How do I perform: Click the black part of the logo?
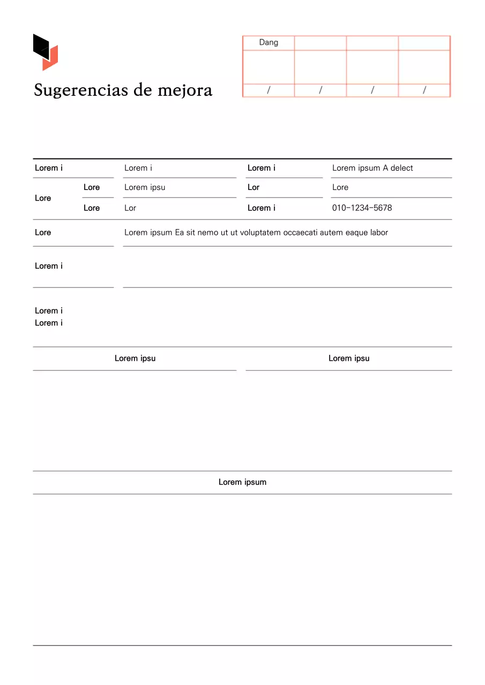coord(41,45)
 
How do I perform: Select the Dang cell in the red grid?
coord(268,42)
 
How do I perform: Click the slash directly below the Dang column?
coord(268,90)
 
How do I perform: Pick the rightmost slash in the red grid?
coord(424,90)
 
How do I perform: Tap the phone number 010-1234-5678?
coord(362,208)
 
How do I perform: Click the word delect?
coord(402,168)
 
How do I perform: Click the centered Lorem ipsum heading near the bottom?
coord(242,482)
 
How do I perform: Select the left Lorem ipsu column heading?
coord(135,359)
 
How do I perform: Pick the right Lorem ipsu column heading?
coord(349,359)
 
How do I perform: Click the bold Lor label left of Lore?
coord(253,187)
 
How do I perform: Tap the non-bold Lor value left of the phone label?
coord(130,208)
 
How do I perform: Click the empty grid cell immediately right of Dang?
coord(320,43)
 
